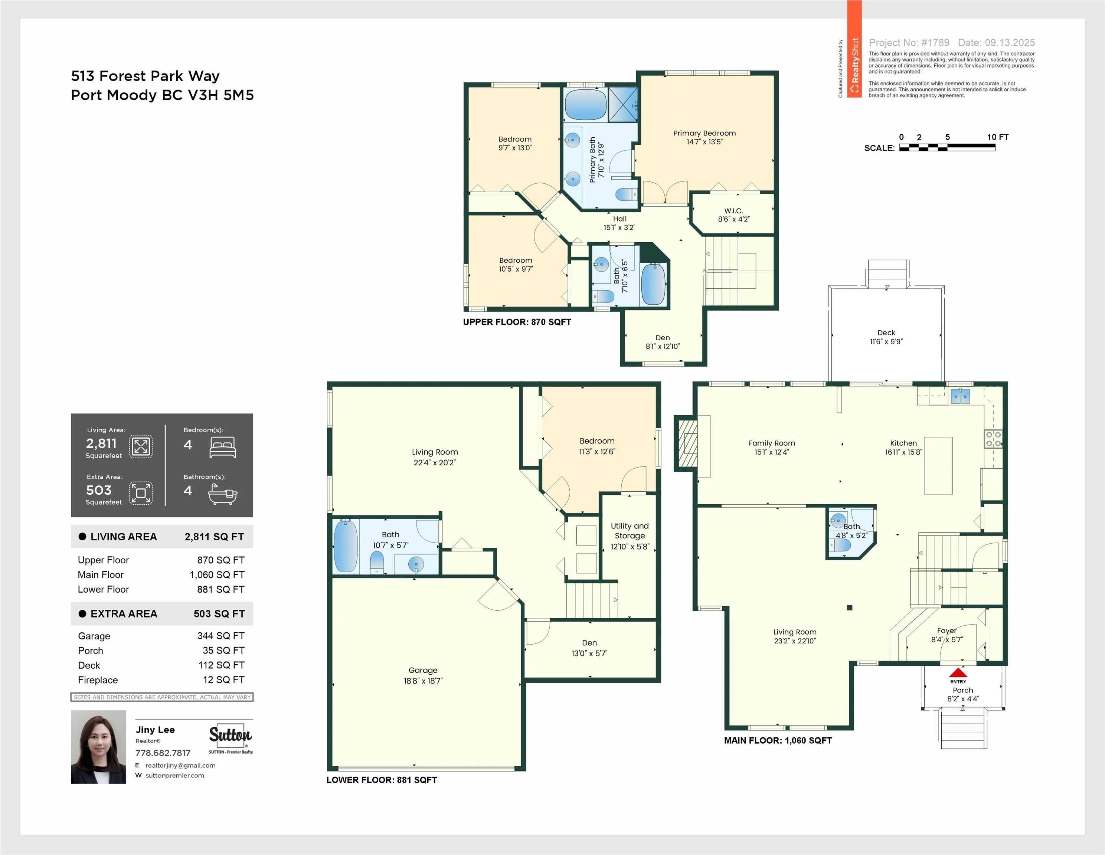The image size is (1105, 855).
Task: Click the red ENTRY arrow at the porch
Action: click(x=958, y=673)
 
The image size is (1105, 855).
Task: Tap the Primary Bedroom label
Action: click(x=704, y=133)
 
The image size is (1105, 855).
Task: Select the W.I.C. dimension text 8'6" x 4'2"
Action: click(x=733, y=219)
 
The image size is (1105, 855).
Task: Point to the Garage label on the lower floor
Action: click(x=423, y=670)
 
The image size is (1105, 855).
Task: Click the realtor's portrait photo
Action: click(x=98, y=747)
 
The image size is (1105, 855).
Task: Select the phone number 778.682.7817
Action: click(x=163, y=753)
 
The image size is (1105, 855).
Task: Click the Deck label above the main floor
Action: click(x=886, y=332)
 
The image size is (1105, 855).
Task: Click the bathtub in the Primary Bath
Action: click(x=585, y=105)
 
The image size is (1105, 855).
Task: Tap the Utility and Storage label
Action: click(x=630, y=531)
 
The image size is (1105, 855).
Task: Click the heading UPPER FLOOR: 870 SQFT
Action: click(x=517, y=322)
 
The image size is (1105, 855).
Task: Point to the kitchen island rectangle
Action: click(x=939, y=465)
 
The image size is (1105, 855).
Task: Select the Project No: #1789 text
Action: click(x=909, y=43)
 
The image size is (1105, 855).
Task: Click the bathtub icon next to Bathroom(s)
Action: click(x=223, y=494)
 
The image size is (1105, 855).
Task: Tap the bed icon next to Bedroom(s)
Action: click(x=223, y=448)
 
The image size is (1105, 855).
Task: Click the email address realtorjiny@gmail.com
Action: click(x=181, y=766)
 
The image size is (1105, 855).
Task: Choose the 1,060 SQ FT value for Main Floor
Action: click(x=217, y=575)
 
